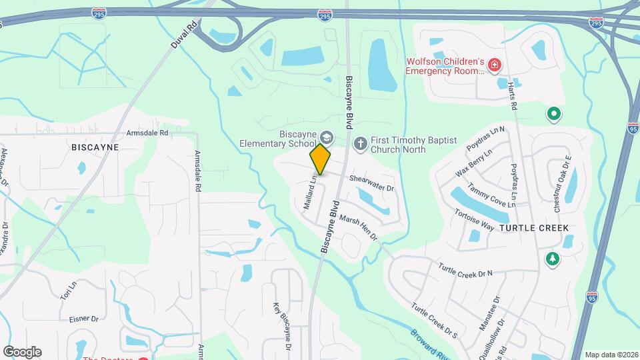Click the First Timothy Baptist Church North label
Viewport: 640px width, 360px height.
[413, 145]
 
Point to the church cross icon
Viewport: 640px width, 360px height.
[360, 143]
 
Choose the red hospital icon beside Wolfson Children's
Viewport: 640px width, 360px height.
[494, 65]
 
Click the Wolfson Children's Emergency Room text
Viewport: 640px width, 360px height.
[445, 66]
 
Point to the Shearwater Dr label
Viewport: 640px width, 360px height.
[372, 184]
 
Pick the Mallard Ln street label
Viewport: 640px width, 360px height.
[310, 193]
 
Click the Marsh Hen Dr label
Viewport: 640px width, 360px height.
[358, 227]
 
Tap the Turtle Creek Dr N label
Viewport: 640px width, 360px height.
[465, 271]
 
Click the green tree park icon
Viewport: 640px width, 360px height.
[552, 259]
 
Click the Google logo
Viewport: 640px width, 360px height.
[23, 351]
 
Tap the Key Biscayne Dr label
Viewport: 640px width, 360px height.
[281, 327]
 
